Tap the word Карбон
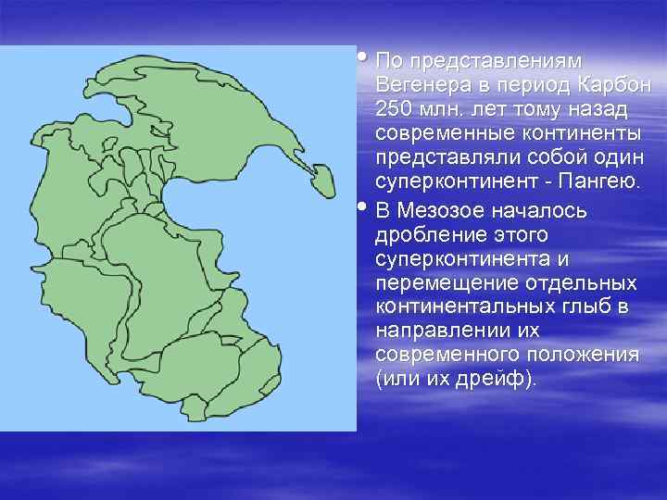[613, 85]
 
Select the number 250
[395, 109]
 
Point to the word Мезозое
[439, 210]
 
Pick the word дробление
[426, 234]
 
